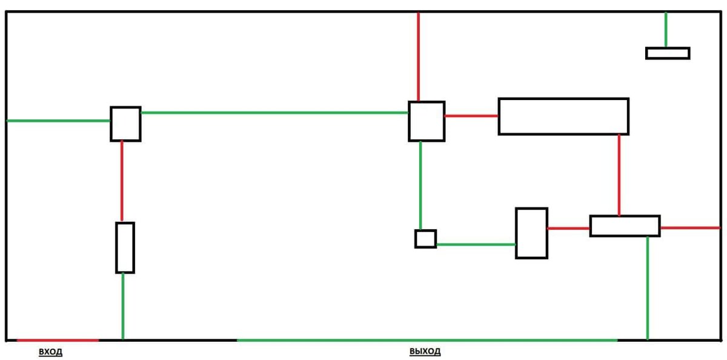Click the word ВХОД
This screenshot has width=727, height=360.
pos(50,352)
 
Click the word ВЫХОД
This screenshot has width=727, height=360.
pos(425,352)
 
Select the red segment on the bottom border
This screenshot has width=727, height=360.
pos(58,340)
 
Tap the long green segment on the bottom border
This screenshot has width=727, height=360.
pos(427,340)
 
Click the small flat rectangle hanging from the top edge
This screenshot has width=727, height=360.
pos(668,53)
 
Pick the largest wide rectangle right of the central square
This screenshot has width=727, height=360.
pos(563,116)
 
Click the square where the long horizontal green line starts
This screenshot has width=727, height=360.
pos(125,124)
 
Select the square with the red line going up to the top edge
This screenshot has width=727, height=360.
pos(427,121)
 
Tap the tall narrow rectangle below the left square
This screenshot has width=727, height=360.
pos(125,247)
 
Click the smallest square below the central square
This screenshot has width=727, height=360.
pos(425,239)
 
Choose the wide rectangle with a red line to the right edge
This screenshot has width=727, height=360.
pos(625,226)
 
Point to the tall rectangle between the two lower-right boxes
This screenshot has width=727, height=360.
pos(531,233)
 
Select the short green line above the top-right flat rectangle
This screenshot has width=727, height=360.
pos(666,30)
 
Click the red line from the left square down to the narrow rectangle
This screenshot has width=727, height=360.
pos(122,181)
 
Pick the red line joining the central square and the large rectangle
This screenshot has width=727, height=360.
pos(471,115)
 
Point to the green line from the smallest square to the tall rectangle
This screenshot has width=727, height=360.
pos(476,244)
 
